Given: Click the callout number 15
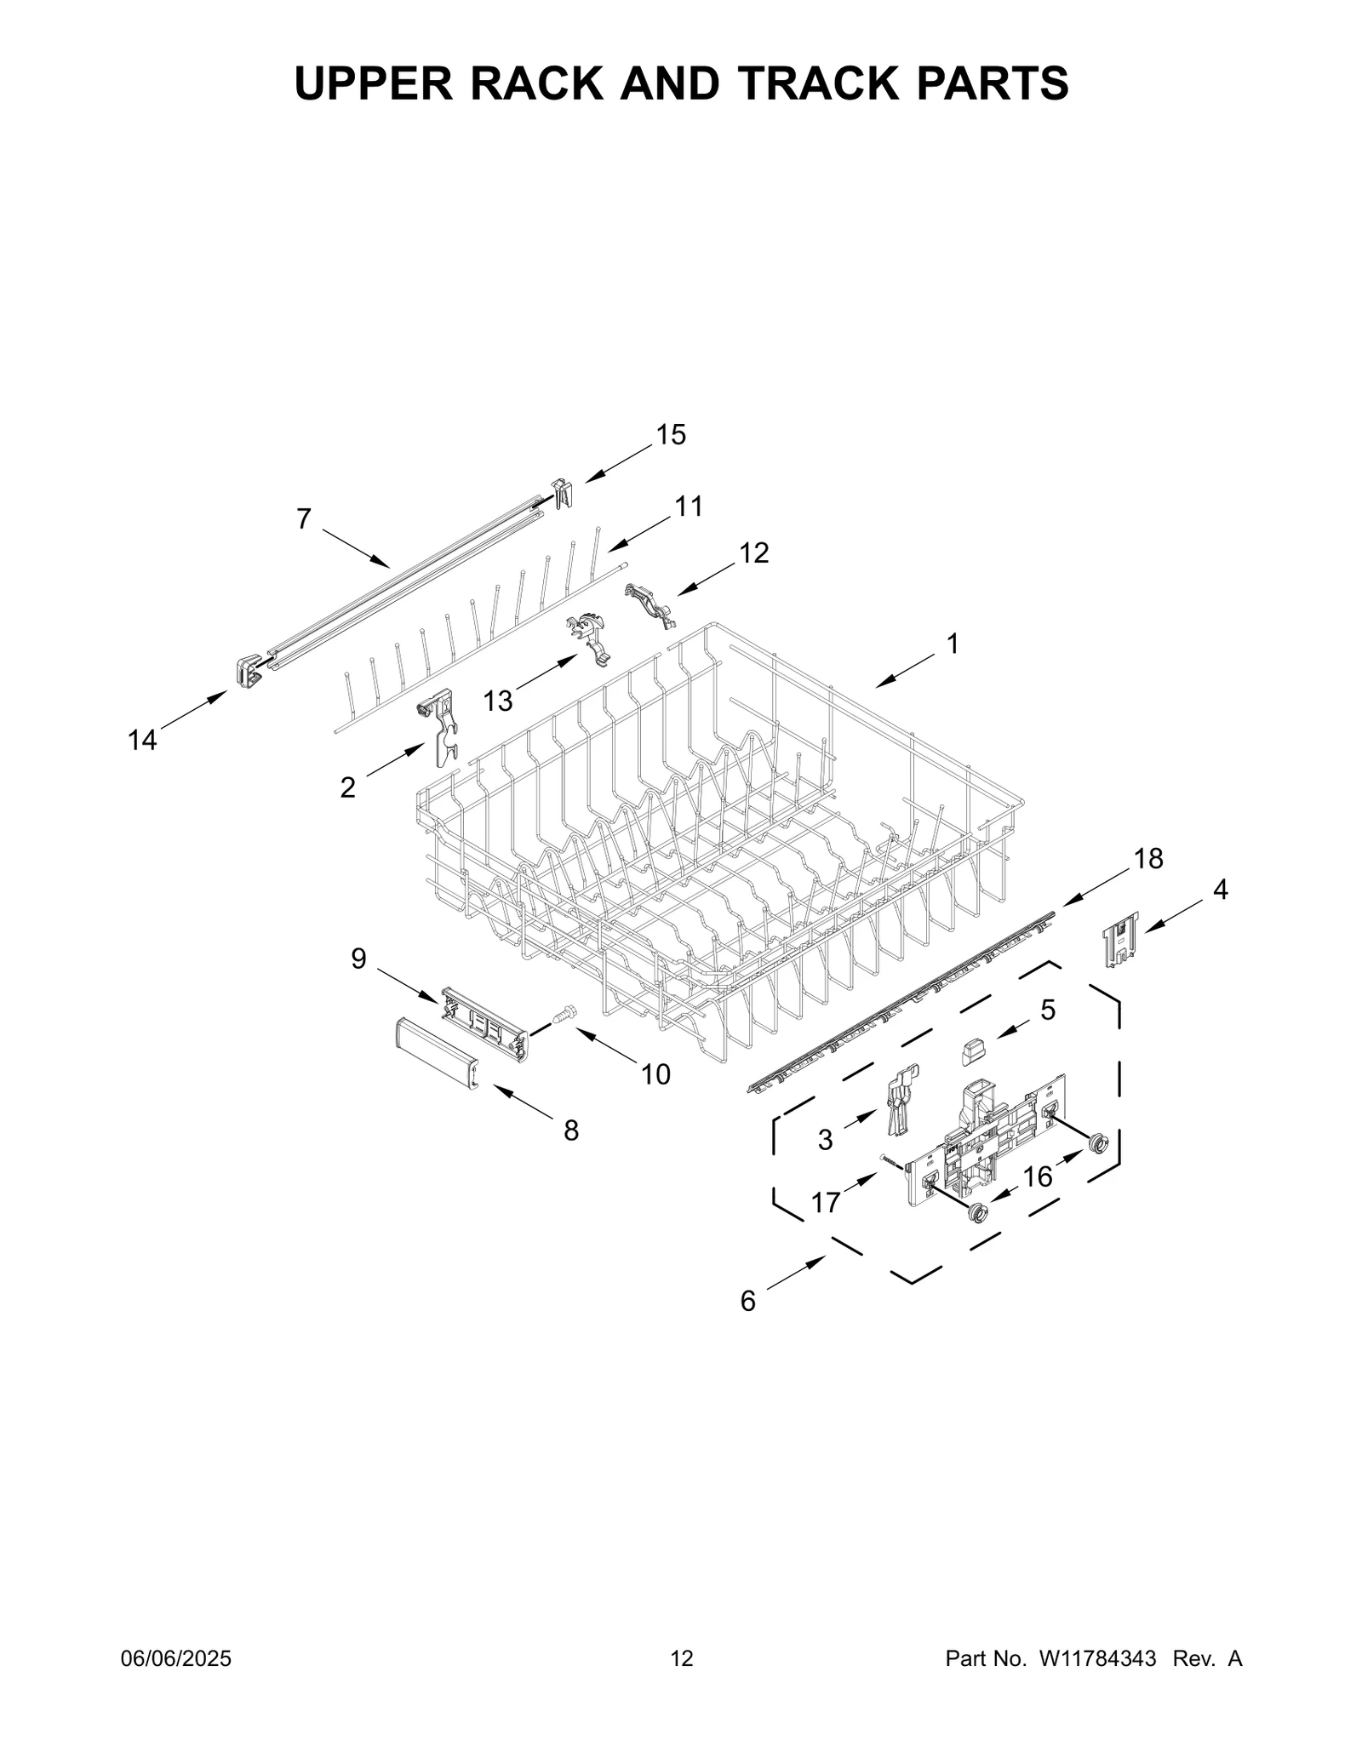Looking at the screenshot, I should tap(670, 435).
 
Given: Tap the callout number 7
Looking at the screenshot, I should tap(304, 519).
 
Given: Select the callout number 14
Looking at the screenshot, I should tap(142, 741).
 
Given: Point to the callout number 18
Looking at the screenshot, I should tap(1148, 859).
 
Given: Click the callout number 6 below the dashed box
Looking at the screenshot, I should tap(747, 1301).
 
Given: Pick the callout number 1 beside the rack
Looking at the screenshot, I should tap(953, 644).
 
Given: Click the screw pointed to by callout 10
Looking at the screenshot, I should tap(564, 1014).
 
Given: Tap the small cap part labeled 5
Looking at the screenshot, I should tap(973, 1052).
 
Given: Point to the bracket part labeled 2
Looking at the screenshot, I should tap(438, 725).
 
